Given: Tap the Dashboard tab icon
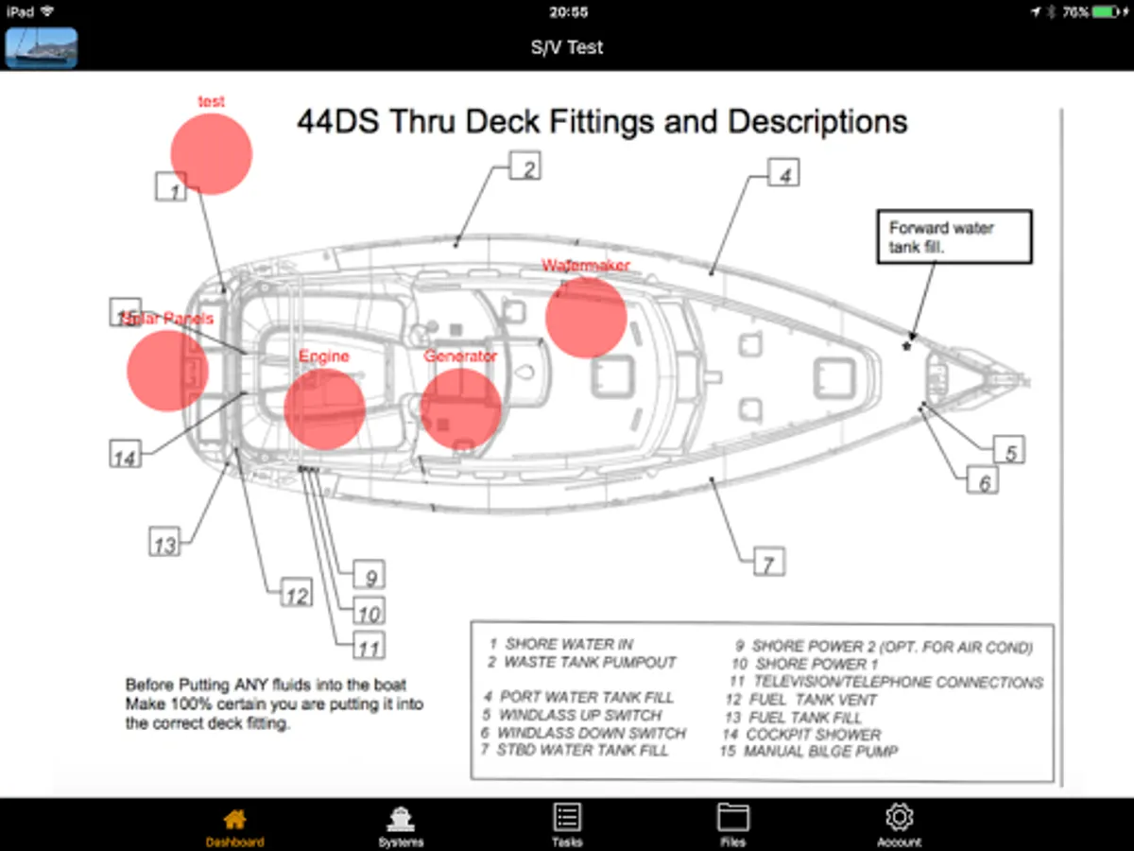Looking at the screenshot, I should [234, 819].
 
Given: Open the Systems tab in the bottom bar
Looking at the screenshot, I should [401, 819].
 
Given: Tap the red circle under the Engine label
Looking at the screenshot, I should [324, 408].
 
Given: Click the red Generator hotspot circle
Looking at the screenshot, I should [460, 408].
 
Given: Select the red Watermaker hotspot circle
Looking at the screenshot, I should [586, 317].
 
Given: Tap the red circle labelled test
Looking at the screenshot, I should [212, 154].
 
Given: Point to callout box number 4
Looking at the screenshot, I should [783, 173].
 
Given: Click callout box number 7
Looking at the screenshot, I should [769, 564].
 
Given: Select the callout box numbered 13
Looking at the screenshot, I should [165, 544].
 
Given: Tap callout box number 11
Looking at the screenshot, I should [369, 647].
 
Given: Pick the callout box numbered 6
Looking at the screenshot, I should [984, 482].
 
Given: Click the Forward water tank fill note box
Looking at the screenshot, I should [954, 236].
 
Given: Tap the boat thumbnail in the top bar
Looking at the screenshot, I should [42, 47].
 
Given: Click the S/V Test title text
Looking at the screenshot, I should [567, 47].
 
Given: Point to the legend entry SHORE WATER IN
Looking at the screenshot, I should [568, 644].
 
